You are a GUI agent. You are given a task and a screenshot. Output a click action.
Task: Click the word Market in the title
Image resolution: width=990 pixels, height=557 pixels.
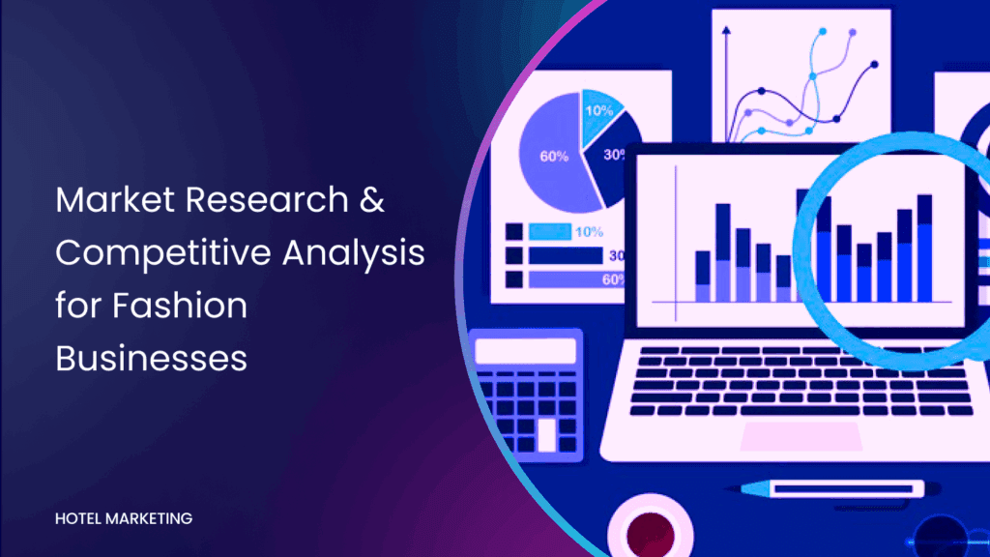tap(115, 199)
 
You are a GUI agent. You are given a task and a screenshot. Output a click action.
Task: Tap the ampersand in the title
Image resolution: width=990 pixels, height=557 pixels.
tap(372, 199)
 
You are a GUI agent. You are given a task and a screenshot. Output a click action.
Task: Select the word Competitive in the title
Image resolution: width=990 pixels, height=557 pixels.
tap(162, 253)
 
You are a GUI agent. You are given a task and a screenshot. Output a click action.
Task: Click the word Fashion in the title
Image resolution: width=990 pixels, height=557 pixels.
tap(180, 305)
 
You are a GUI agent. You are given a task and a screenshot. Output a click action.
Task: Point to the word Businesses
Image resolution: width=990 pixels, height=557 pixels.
tap(151, 358)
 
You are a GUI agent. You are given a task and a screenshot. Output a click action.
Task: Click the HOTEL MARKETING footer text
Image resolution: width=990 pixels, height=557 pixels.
tap(124, 518)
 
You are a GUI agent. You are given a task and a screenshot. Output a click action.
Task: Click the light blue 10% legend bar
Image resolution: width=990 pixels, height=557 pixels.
tap(550, 232)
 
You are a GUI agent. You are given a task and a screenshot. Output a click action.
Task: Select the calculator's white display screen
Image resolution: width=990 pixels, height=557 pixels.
tap(526, 351)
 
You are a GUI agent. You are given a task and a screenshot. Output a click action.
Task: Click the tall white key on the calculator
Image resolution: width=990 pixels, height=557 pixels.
tap(547, 434)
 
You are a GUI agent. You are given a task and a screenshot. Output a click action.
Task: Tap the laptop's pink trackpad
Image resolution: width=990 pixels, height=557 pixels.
tap(801, 436)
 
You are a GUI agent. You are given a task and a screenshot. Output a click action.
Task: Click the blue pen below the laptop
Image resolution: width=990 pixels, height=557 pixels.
tap(833, 488)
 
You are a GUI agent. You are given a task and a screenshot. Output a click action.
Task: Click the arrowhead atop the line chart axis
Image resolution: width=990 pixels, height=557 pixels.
tap(726, 30)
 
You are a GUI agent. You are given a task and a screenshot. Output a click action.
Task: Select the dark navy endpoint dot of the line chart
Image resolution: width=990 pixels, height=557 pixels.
tap(874, 65)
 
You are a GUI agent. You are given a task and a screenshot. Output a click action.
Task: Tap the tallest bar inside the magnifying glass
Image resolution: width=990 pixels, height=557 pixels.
tap(924, 249)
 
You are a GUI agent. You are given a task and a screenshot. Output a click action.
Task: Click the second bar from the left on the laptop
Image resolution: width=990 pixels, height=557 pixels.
tap(723, 252)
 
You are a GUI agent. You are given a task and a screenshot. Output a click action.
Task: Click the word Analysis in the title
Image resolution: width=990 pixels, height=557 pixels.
tap(354, 253)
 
